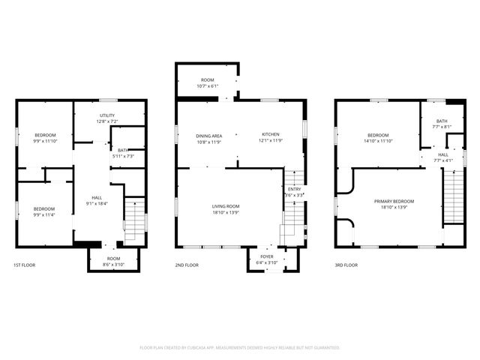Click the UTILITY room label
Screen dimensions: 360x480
pos(108,115)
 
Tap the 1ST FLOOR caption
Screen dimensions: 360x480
pos(24,265)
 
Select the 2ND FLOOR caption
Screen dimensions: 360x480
pos(187,265)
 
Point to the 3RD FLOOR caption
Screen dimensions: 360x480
pos(346,265)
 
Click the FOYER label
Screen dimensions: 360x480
pos(267,256)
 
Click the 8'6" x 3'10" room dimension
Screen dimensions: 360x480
pos(103,264)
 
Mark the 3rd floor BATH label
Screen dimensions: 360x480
pos(442,121)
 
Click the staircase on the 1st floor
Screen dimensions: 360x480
pos(133,219)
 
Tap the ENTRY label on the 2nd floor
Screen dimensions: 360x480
pos(294,189)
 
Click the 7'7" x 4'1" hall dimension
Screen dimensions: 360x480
pos(443,160)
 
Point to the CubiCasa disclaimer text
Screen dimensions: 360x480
pos(240,348)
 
